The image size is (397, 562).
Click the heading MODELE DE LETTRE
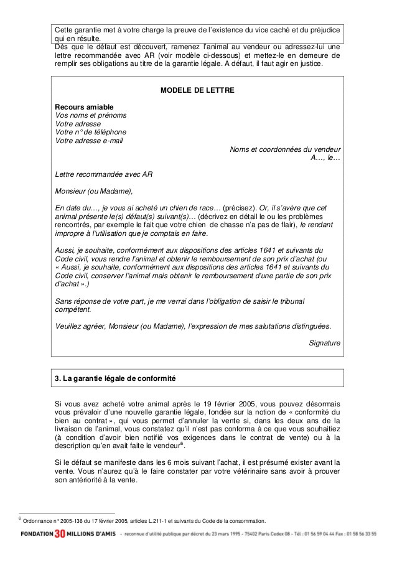198,90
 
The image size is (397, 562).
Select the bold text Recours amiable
84,107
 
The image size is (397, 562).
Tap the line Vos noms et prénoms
91,115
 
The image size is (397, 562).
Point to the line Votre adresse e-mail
89,141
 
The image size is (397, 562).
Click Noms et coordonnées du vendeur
285,149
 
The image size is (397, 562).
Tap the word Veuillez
70,325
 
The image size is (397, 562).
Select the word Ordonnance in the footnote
38,521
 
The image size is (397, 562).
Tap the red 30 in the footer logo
59,534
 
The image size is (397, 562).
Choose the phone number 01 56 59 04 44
304,535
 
